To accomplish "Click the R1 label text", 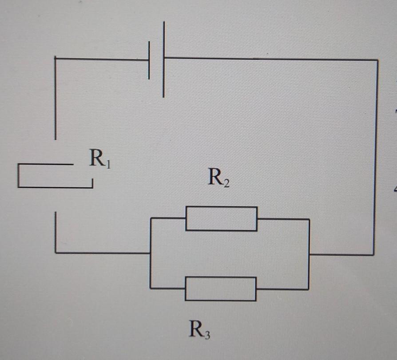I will (99, 158).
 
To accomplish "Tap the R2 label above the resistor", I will (218, 178).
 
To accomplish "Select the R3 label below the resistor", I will (199, 329).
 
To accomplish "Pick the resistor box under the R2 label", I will (221, 218).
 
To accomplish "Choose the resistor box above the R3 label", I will (220, 289).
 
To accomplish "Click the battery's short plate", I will (149, 60).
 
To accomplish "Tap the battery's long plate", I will (163, 59).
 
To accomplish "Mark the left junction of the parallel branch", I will (151, 253).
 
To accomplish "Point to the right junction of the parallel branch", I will (309, 254).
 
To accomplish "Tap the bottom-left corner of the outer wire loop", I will (56, 253).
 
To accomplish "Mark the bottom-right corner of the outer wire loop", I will (374, 255).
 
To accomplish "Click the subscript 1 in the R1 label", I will (108, 164).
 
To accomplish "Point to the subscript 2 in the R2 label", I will (226, 183).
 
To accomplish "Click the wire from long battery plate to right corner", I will (271, 59).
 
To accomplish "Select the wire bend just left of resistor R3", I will (151, 288).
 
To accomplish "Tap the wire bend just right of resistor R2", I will (309, 219).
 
